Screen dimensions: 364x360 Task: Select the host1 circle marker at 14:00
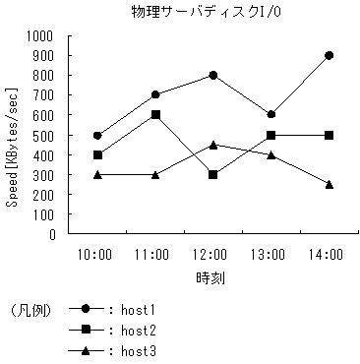coord(328,55)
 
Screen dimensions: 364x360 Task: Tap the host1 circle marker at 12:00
coord(212,75)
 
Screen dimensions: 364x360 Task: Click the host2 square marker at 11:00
coord(155,115)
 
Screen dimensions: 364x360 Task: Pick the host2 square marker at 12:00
coord(212,175)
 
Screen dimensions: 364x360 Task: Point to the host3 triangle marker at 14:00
coord(328,184)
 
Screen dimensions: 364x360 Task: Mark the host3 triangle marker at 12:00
coord(212,145)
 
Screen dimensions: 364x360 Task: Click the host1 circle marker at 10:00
coord(97,135)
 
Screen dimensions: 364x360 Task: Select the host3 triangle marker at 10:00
coord(97,174)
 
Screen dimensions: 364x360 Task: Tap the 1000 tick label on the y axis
coord(40,35)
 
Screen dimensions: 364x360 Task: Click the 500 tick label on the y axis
coord(44,135)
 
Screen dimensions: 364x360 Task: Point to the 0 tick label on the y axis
coord(51,234)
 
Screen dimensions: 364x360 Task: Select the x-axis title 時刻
coord(210,278)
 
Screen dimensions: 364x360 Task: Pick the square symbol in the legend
coord(87,330)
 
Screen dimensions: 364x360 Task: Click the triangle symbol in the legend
coord(87,350)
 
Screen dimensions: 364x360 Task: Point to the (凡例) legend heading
coord(30,309)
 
